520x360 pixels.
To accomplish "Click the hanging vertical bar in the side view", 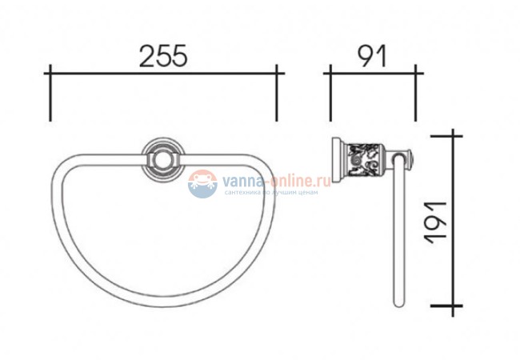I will [397, 232].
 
